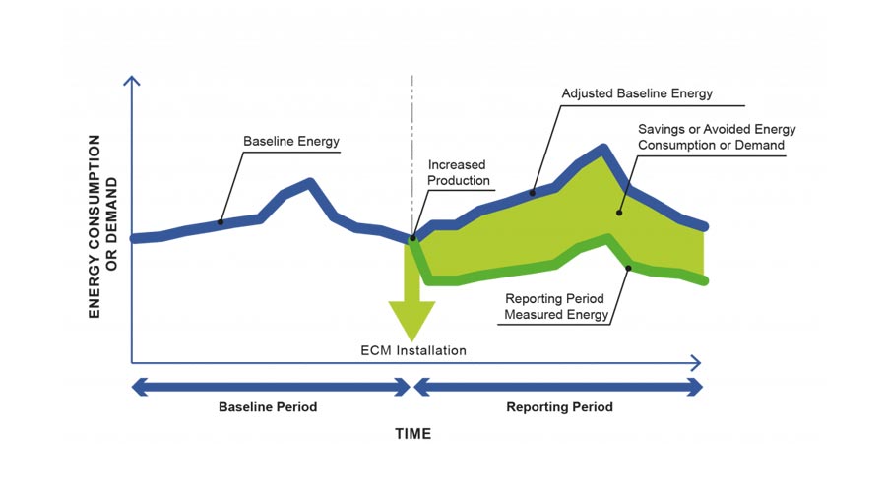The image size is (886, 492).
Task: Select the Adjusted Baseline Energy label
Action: (x=637, y=94)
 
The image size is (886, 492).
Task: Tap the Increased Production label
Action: (x=458, y=173)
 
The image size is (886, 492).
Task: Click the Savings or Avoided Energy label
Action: (x=717, y=138)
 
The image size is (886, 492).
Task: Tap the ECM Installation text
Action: (x=412, y=349)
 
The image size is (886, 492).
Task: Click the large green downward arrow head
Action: (x=412, y=320)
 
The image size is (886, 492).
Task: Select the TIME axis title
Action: (x=413, y=433)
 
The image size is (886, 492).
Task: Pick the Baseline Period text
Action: (x=268, y=406)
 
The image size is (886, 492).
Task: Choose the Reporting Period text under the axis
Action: (x=559, y=406)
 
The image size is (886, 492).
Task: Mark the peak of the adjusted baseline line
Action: (x=602, y=149)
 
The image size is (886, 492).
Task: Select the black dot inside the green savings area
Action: (x=619, y=211)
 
